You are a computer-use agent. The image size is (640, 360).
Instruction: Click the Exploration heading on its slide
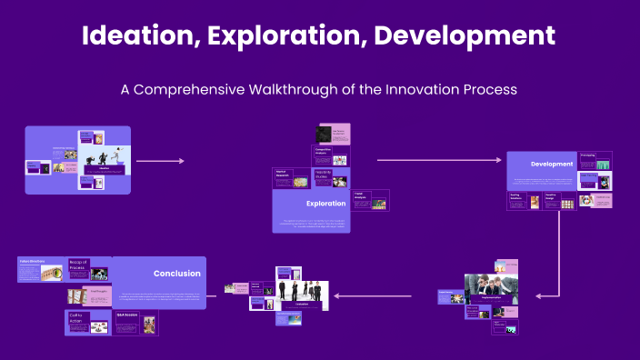tap(325, 204)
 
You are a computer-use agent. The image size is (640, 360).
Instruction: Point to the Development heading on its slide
tap(552, 165)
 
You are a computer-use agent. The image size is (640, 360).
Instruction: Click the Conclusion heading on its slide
tap(177, 273)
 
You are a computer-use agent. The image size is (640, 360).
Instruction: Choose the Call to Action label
tap(77, 318)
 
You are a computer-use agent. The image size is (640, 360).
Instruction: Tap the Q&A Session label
tap(125, 315)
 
